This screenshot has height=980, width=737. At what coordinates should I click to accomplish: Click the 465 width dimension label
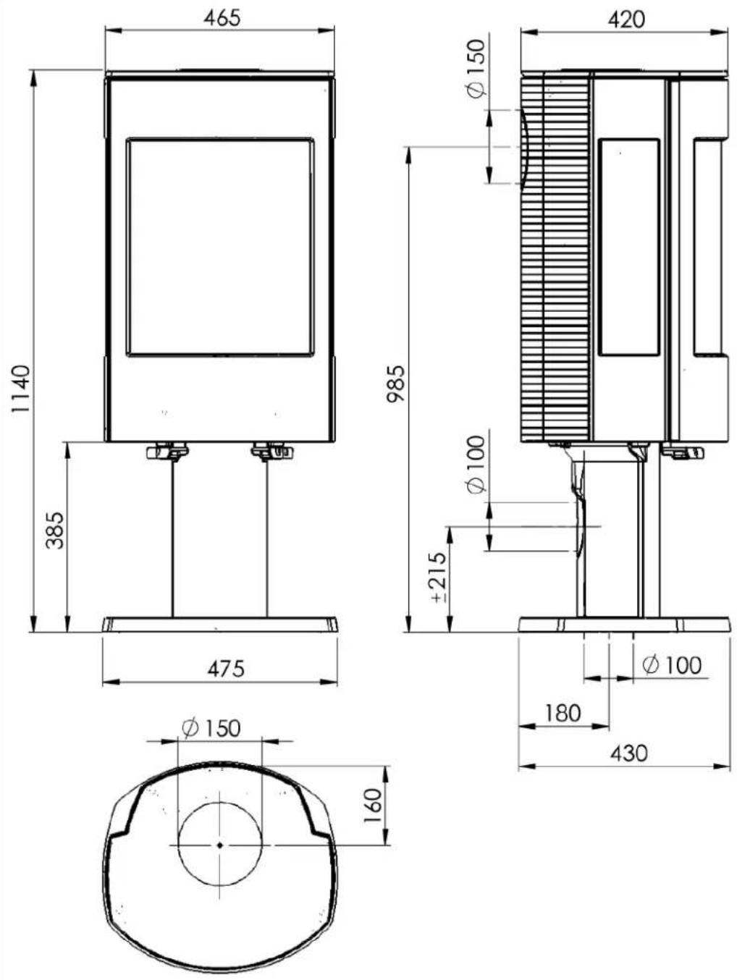(x=221, y=18)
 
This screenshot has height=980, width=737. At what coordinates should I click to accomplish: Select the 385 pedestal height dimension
(x=55, y=530)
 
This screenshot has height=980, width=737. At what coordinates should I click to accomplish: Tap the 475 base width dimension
(x=226, y=668)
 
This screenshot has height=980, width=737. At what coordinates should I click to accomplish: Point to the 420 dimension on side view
(x=626, y=20)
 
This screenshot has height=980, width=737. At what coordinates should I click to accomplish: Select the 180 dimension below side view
(x=563, y=713)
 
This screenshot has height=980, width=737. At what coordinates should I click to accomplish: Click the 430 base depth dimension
(x=628, y=753)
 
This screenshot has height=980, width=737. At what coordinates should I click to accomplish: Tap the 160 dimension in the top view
(x=372, y=805)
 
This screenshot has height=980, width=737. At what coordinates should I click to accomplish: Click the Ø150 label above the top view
(x=211, y=728)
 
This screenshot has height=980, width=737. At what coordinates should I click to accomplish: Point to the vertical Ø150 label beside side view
(x=476, y=69)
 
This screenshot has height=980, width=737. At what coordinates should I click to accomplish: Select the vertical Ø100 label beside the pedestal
(x=476, y=465)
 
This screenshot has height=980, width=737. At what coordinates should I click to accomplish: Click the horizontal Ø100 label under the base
(x=672, y=664)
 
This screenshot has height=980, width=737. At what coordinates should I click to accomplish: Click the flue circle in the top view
(x=220, y=845)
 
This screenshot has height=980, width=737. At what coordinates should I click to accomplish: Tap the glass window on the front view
(x=220, y=247)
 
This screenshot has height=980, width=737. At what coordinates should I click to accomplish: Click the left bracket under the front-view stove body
(x=167, y=452)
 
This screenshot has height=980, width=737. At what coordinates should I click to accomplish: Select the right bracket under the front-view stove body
(x=271, y=452)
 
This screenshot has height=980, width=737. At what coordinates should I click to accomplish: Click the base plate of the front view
(x=220, y=625)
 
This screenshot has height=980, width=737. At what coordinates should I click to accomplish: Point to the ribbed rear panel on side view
(x=555, y=261)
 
